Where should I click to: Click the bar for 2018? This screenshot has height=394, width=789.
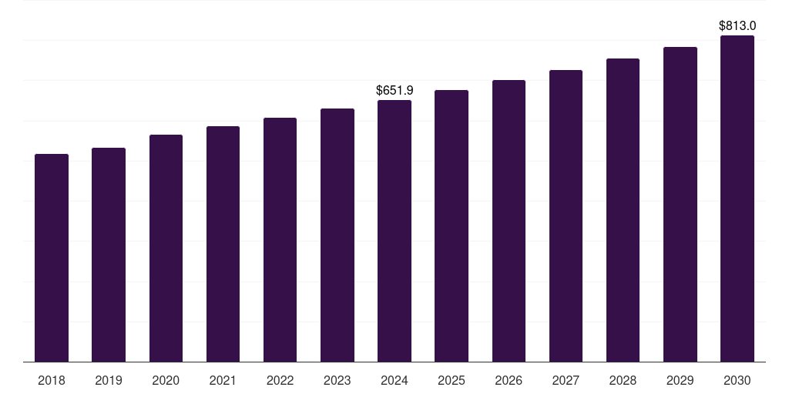click(52, 258)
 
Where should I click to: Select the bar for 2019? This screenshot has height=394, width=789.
click(109, 255)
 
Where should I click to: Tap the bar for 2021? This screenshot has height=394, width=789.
click(223, 244)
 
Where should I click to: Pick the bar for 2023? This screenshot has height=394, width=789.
click(337, 235)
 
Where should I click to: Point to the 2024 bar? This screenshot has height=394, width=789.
click(394, 231)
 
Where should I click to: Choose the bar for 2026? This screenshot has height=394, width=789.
click(509, 221)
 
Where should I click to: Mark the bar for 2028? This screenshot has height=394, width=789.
click(623, 210)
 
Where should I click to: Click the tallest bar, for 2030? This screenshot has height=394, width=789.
click(737, 199)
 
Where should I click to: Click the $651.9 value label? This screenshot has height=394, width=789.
click(394, 91)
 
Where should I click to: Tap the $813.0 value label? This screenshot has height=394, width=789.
click(737, 26)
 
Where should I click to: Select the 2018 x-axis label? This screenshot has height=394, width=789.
click(52, 380)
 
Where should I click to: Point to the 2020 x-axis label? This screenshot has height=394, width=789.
click(166, 380)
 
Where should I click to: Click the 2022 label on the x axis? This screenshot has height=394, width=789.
click(280, 380)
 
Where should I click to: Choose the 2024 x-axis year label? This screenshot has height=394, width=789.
click(394, 380)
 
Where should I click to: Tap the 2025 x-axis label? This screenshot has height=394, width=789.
click(452, 380)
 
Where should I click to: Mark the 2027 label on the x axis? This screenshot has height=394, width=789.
click(566, 380)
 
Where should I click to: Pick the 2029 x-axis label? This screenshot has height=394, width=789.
click(680, 380)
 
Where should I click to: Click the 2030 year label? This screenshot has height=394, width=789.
click(737, 380)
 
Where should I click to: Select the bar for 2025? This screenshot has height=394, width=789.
click(452, 225)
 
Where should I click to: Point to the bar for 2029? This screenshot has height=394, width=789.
click(680, 204)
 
